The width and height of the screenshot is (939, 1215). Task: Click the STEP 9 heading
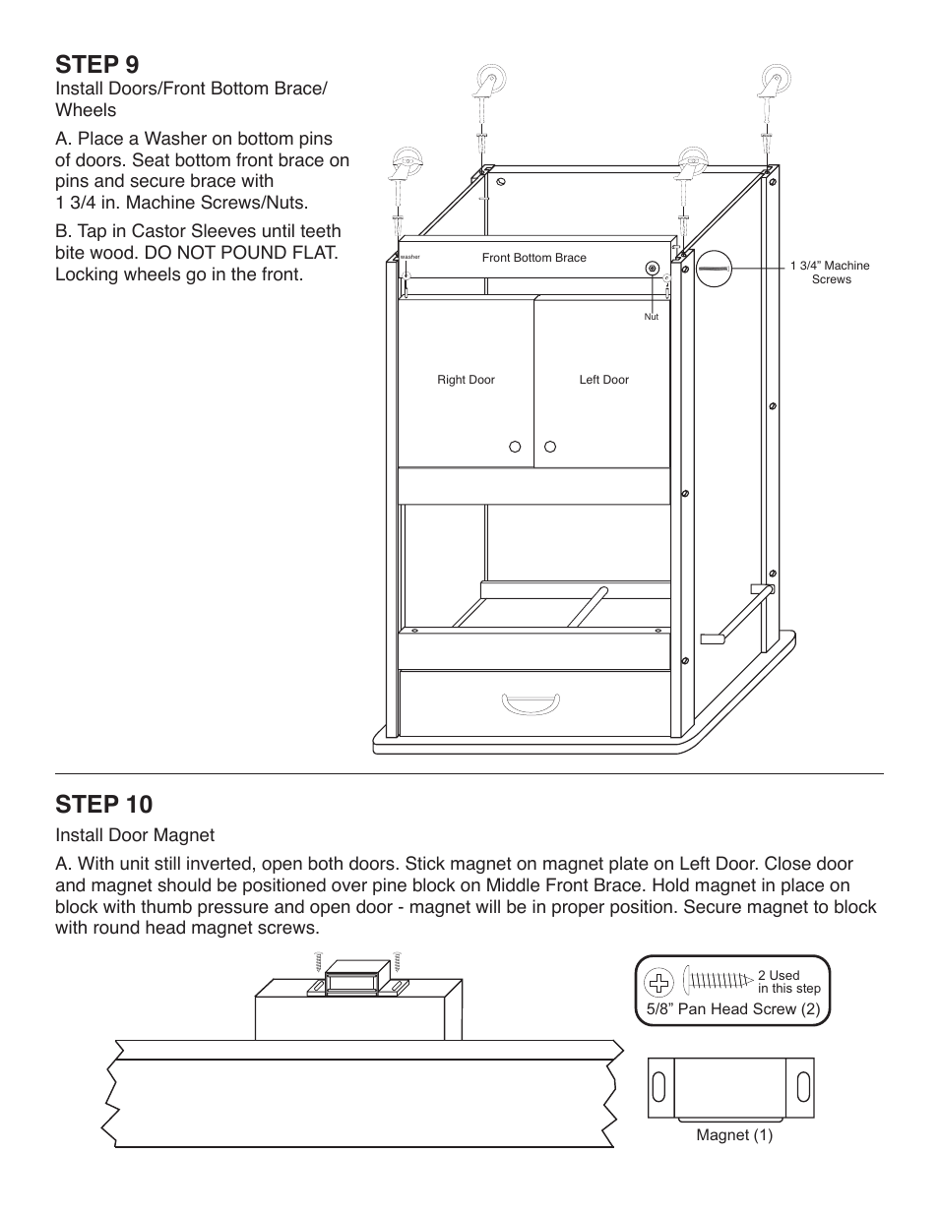97,65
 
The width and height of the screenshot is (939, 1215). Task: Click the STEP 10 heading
104,805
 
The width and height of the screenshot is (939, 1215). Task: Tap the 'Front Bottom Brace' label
533,258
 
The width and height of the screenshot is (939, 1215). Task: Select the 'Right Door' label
466,380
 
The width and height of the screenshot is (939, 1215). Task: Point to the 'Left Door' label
603,380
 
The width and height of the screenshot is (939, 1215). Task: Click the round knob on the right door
515,447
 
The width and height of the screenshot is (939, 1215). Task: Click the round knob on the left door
551,447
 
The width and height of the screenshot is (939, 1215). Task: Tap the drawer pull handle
531,702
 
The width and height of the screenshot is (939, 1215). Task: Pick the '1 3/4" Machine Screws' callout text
830,273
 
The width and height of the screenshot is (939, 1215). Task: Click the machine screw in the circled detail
716,268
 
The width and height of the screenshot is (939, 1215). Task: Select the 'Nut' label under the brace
651,317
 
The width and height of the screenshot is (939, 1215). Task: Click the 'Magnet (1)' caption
734,1135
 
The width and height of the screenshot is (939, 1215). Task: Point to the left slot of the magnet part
659,1088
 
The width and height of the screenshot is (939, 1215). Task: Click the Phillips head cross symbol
659,982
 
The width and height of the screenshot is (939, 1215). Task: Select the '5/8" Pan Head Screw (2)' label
733,1009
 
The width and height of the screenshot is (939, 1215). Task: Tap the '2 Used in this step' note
788,982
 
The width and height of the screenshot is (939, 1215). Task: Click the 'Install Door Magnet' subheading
135,835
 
